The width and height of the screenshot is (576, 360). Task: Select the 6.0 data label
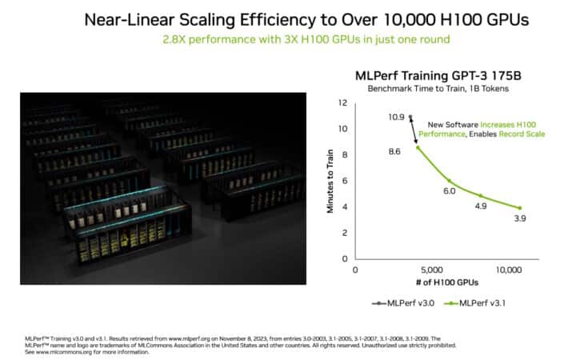coord(449,191)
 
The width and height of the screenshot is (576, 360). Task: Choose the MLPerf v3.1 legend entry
coord(466,303)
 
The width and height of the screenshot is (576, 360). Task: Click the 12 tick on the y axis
coord(342,103)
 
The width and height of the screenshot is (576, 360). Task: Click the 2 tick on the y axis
coord(344,232)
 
